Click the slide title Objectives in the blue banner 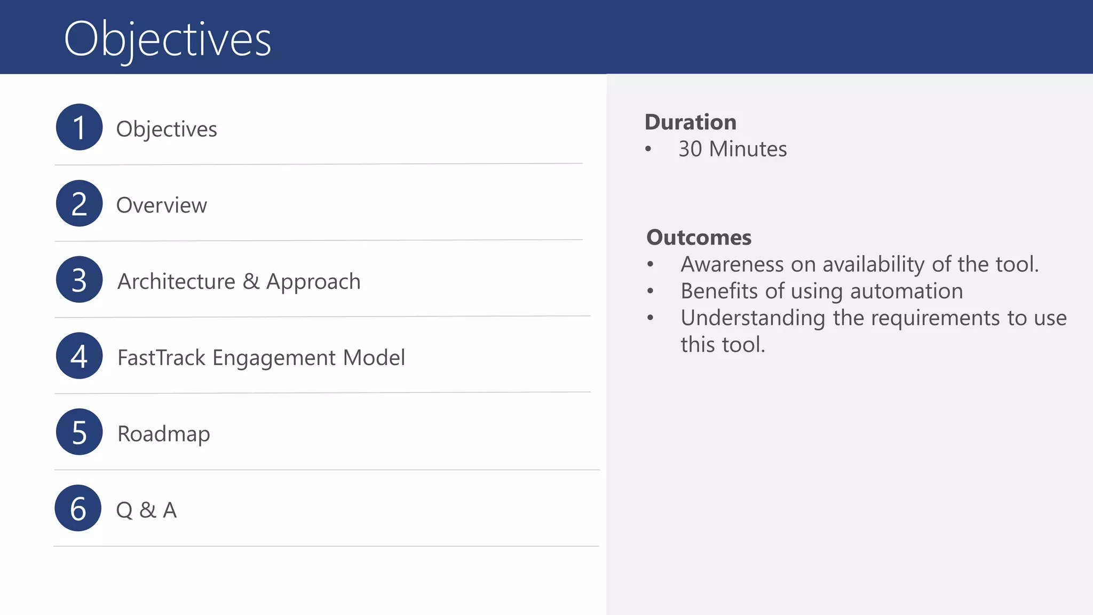click(x=168, y=38)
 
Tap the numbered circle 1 click(x=79, y=127)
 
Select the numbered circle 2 click(x=79, y=203)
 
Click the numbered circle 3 click(x=79, y=280)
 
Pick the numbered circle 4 click(x=79, y=356)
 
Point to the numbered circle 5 click(x=79, y=432)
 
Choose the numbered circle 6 click(x=78, y=508)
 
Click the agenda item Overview click(x=161, y=206)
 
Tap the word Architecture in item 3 click(x=176, y=281)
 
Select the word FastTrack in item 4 click(x=161, y=358)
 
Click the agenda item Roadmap click(x=163, y=434)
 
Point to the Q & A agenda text click(x=146, y=510)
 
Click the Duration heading click(x=691, y=122)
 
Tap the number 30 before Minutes click(x=690, y=149)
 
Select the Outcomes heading click(x=699, y=238)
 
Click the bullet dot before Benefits click(x=650, y=291)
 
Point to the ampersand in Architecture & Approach click(x=251, y=281)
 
